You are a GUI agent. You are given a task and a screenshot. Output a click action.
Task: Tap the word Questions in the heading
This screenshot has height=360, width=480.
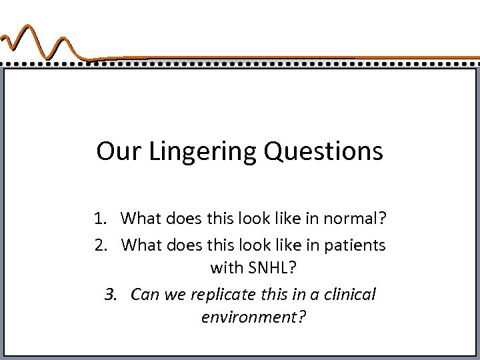[x=325, y=152]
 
